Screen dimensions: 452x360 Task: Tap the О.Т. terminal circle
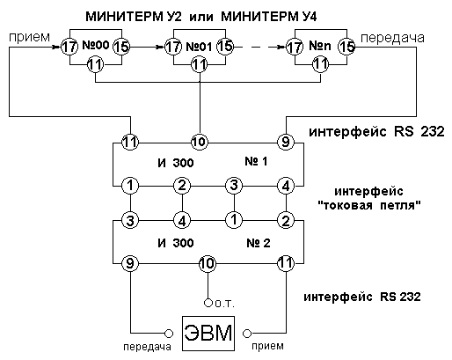click(208, 303)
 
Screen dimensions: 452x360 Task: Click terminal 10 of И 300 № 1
click(200, 143)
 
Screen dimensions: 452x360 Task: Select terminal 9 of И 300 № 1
click(286, 143)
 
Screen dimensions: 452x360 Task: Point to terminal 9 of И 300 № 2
click(130, 263)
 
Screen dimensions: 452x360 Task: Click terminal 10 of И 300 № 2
click(208, 263)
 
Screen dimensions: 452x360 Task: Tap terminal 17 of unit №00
click(69, 47)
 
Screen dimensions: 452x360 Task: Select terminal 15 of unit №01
click(225, 47)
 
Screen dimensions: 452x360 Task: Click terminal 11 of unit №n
click(320, 64)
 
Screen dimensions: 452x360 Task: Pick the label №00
click(96, 45)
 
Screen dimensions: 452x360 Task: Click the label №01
click(199, 47)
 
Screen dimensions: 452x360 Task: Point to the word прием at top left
click(29, 38)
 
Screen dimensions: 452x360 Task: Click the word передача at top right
click(392, 38)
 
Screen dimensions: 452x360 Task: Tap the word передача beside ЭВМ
click(147, 347)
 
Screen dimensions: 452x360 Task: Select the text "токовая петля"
click(369, 205)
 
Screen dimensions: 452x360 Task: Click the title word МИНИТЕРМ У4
click(269, 17)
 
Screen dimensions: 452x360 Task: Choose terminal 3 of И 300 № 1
click(234, 186)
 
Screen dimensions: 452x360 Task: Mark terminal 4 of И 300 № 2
click(182, 220)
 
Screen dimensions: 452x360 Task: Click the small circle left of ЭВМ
click(169, 334)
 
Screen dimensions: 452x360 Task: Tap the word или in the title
click(200, 18)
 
